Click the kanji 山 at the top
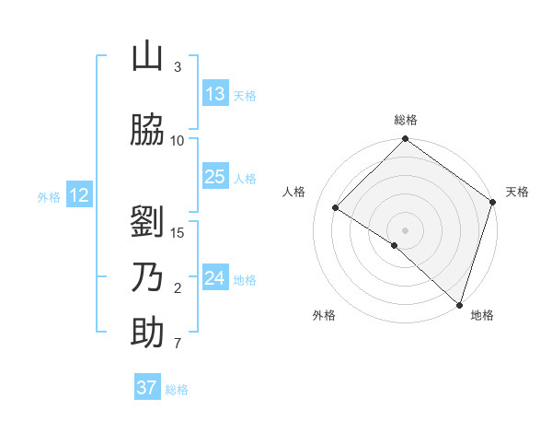(x=147, y=57)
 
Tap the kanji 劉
(x=147, y=222)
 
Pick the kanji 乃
(x=147, y=277)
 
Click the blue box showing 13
(x=215, y=94)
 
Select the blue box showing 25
(x=215, y=177)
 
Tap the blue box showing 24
(x=215, y=278)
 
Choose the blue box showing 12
(x=78, y=195)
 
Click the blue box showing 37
(x=147, y=388)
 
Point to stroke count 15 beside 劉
(x=178, y=232)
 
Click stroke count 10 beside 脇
(x=178, y=140)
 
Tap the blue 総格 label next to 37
(x=178, y=390)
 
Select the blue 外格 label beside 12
(x=49, y=196)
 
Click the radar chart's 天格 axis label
(x=517, y=192)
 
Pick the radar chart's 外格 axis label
(x=324, y=315)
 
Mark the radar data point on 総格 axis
(x=405, y=140)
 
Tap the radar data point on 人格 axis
(x=336, y=208)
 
